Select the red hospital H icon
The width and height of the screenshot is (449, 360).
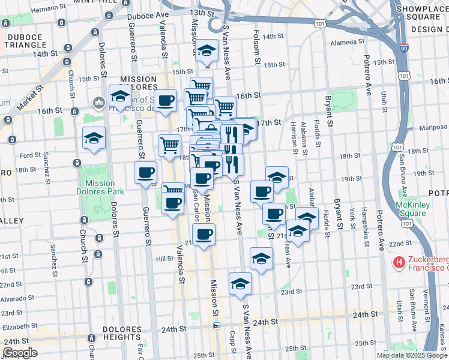tap(398, 262)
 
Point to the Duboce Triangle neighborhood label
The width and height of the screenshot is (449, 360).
tap(25, 41)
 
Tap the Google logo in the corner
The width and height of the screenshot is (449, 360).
tap(20, 353)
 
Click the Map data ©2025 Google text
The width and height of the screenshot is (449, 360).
tap(412, 355)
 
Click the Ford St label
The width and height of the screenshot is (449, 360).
tap(30, 155)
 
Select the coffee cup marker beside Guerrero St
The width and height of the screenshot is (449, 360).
tap(145, 173)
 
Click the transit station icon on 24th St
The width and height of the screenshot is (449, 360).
tap(217, 326)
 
